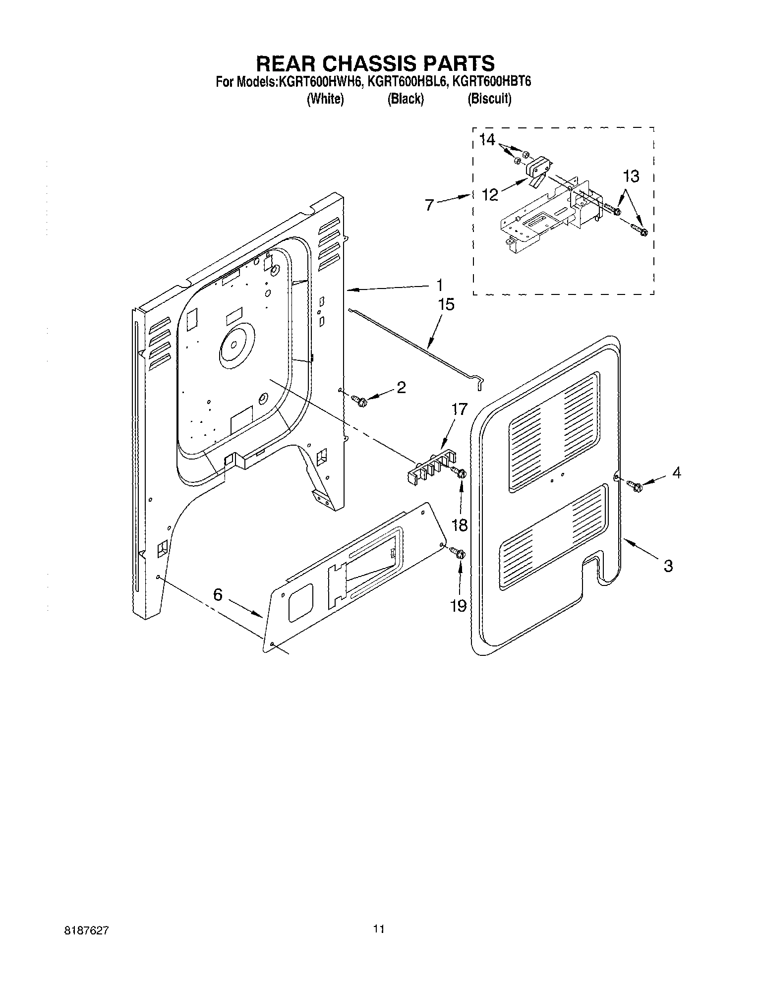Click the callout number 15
tap(446, 304)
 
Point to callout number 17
tap(459, 409)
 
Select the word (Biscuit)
tap(489, 99)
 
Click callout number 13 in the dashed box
tap(631, 176)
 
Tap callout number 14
tap(487, 140)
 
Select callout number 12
tap(490, 194)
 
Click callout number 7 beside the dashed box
tap(429, 204)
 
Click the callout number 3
tap(668, 566)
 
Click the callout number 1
tap(439, 285)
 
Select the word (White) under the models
tap(325, 99)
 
